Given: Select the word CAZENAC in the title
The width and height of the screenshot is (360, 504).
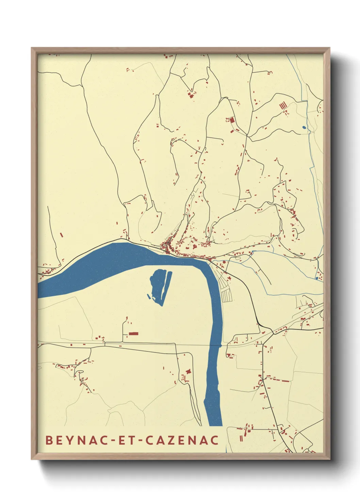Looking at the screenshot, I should click(182, 440).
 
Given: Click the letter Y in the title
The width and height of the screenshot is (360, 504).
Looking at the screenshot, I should click(62, 440).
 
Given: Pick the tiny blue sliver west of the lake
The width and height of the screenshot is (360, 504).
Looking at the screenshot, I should click(149, 297).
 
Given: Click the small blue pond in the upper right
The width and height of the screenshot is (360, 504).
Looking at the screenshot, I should click(304, 128).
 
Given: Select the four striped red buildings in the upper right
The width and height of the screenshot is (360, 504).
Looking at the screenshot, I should click(283, 106).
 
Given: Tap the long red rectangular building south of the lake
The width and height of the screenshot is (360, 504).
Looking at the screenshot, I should click(134, 333).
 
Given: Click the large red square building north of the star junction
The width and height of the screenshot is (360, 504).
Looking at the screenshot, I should click(232, 120).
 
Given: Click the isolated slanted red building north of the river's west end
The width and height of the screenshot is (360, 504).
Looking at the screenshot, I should click(62, 235).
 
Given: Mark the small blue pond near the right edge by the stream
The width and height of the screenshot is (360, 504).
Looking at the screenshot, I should click(317, 278).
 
